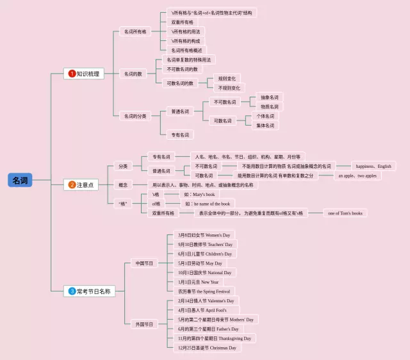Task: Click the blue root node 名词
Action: coord(20,181)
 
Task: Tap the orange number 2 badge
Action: coord(72,185)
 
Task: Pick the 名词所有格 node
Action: coord(133,31)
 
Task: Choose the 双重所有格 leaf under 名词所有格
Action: coord(182,22)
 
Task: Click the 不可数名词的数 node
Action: coord(182,69)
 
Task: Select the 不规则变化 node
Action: coord(229,88)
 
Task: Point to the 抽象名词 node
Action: coord(269,97)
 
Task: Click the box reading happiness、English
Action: coord(373,166)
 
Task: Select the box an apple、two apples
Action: coord(357,176)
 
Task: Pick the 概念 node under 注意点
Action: coord(122,185)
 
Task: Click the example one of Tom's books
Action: coord(347,213)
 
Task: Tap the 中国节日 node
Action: coord(143,263)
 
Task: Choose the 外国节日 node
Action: coord(143,324)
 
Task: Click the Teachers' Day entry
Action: coord(206,244)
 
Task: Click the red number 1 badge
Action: coord(72,74)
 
